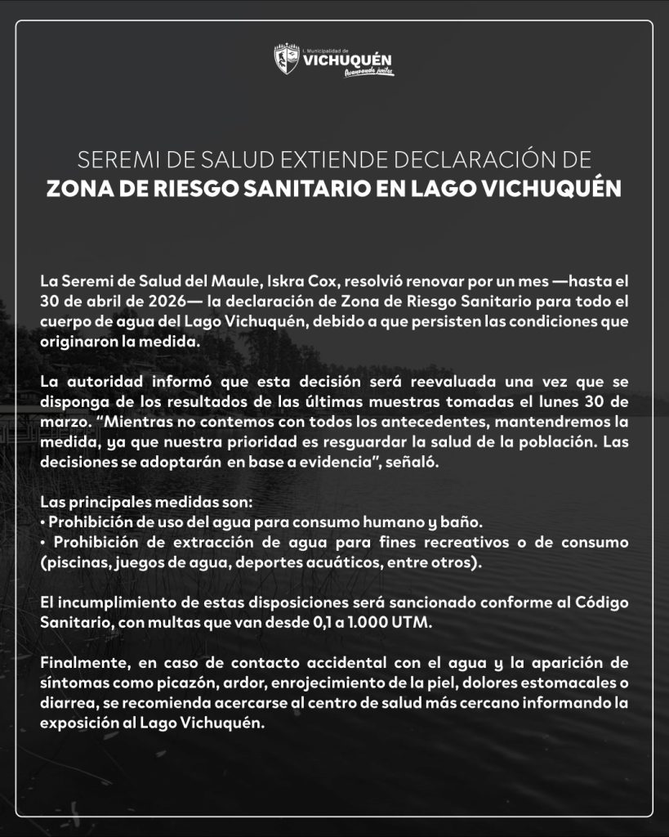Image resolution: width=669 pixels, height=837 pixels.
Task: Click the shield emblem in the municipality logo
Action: coord(287,60)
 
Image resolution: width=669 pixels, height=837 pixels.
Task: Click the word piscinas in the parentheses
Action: coord(73,562)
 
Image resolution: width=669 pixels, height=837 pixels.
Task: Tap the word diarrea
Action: coord(68,703)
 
